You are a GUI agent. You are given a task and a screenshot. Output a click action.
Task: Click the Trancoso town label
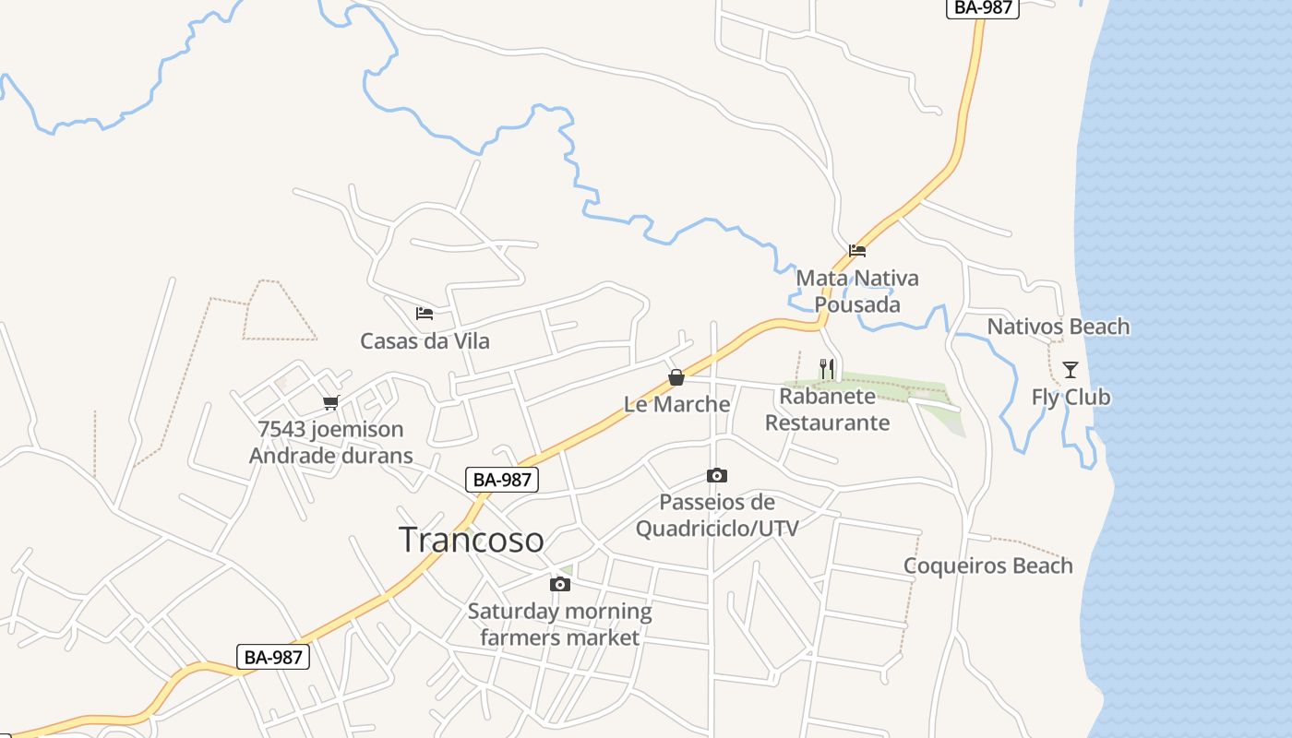(x=471, y=540)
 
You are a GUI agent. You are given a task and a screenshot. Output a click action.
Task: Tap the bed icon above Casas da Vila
(x=425, y=314)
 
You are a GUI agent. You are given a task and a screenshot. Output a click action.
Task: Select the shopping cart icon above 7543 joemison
(x=331, y=402)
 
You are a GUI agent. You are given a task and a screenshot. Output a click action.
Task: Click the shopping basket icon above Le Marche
(x=676, y=377)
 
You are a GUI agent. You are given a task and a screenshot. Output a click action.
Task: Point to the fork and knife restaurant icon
(x=827, y=369)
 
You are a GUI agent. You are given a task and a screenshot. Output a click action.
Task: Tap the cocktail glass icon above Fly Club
(x=1071, y=370)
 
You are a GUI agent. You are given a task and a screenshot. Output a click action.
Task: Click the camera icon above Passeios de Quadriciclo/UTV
(x=717, y=476)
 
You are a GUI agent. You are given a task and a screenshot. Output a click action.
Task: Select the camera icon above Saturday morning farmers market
(x=559, y=584)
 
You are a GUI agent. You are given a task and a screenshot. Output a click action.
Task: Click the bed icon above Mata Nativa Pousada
(x=857, y=250)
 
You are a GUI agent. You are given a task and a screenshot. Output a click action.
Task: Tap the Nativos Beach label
(x=1058, y=327)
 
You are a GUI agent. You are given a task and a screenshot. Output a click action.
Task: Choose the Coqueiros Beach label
(x=987, y=565)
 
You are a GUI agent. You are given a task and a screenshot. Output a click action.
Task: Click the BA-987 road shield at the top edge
(x=982, y=7)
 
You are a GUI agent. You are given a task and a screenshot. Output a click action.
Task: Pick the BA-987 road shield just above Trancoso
(x=502, y=479)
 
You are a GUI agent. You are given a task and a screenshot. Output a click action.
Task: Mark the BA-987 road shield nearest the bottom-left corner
(x=272, y=657)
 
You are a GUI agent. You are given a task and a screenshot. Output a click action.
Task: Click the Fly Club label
(x=1071, y=398)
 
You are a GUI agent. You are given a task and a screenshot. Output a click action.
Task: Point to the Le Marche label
(x=676, y=404)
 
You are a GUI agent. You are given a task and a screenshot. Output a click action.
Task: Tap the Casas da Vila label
(x=425, y=341)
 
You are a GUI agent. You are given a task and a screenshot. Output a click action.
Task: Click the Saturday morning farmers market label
(x=559, y=625)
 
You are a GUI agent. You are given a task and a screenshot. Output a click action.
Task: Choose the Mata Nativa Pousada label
(x=857, y=292)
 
